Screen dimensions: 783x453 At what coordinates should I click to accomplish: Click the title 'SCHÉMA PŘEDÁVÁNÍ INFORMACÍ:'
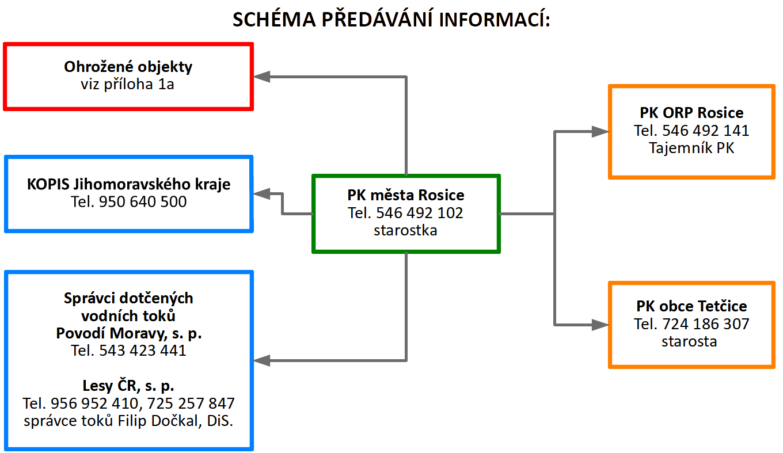click(x=391, y=19)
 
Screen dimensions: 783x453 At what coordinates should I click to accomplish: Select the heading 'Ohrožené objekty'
click(x=128, y=67)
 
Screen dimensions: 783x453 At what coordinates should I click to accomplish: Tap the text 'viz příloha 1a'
click(x=127, y=85)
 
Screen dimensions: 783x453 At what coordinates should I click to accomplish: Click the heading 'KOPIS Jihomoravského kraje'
click(x=128, y=185)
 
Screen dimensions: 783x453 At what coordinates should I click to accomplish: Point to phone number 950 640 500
click(x=143, y=201)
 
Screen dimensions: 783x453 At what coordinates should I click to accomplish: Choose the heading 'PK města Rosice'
click(x=406, y=195)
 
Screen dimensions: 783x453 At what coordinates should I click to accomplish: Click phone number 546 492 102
click(x=420, y=213)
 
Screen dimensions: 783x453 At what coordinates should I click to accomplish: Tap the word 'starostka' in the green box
click(x=405, y=231)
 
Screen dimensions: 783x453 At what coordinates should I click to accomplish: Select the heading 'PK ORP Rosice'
click(x=692, y=113)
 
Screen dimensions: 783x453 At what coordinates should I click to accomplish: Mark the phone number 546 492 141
click(x=706, y=131)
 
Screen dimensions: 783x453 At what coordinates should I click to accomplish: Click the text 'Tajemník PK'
click(x=692, y=148)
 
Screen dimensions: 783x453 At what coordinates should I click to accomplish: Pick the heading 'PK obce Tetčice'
click(x=692, y=306)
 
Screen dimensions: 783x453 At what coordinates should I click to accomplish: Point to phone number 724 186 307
click(x=706, y=324)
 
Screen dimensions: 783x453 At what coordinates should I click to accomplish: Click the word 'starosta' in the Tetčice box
click(x=689, y=341)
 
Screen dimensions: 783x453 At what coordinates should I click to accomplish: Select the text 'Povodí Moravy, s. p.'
click(x=129, y=333)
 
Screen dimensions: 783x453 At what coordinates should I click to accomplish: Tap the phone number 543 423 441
click(x=143, y=351)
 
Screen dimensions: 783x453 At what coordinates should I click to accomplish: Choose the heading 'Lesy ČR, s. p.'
click(x=128, y=386)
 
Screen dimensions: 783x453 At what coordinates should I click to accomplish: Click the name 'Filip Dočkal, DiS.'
click(x=175, y=421)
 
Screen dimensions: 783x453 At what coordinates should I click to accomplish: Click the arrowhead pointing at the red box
click(x=261, y=77)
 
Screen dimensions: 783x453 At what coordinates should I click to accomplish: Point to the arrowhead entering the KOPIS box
click(x=261, y=193)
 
